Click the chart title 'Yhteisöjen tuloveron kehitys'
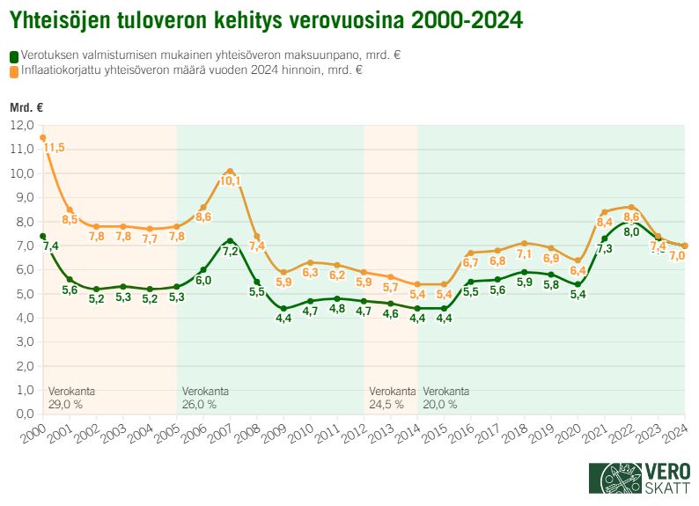coord(265,18)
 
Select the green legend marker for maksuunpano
coord(13,55)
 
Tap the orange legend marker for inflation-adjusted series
coord(13,70)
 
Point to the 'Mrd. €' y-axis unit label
coord(26,107)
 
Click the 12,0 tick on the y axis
coord(21,125)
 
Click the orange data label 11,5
coord(55,148)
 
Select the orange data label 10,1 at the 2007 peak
coord(230,181)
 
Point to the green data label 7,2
coord(230,251)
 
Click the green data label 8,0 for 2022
coord(631,232)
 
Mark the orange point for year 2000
coord(42,137)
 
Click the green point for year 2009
coord(283,309)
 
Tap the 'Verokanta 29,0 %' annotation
coord(71,398)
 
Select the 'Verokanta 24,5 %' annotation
coord(392,398)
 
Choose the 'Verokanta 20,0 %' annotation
coord(445,398)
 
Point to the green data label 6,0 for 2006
coord(203,280)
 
